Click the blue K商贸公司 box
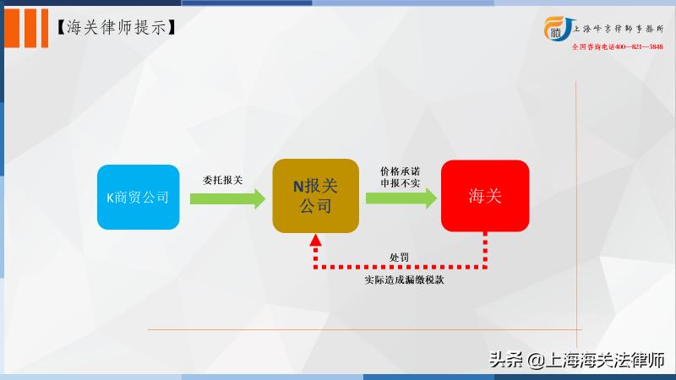click(x=139, y=197)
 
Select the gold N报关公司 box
click(x=315, y=197)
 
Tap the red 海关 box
click(x=485, y=197)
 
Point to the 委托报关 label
click(x=223, y=179)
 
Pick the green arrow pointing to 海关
click(x=401, y=198)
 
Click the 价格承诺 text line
click(x=400, y=171)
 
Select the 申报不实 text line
click(x=400, y=183)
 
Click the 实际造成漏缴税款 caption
click(x=399, y=280)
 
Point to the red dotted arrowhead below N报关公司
click(x=315, y=242)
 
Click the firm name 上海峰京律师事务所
click(x=618, y=28)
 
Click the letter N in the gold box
click(x=297, y=188)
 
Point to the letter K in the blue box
click(x=110, y=198)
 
